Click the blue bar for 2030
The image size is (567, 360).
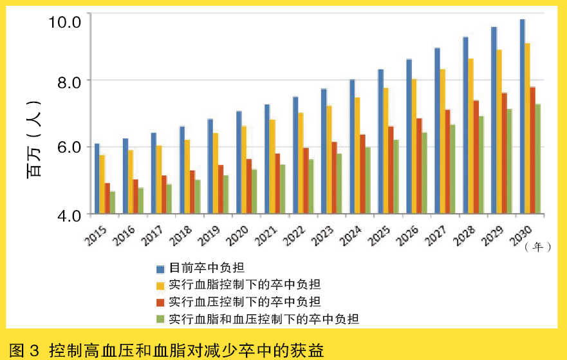(523, 116)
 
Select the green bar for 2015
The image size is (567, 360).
(113, 202)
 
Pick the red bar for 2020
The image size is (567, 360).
(249, 186)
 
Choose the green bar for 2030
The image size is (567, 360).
(538, 158)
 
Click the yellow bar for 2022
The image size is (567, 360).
(301, 163)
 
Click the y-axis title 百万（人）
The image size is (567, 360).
(33, 138)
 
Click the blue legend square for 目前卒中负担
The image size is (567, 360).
(160, 268)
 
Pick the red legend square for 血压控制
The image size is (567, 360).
(160, 301)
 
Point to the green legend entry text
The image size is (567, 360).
(263, 318)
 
